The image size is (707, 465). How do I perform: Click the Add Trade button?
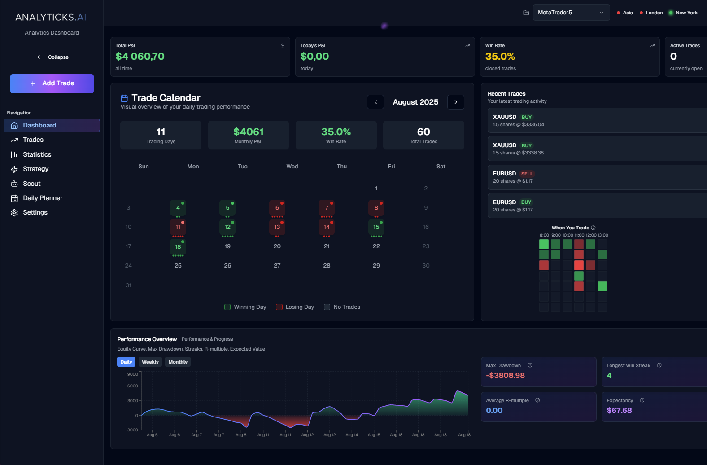pyautogui.click(x=52, y=83)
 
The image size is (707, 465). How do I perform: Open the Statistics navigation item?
pyautogui.click(x=37, y=154)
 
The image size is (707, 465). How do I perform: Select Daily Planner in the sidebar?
pyautogui.click(x=42, y=198)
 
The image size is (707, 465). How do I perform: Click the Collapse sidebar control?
pyautogui.click(x=53, y=57)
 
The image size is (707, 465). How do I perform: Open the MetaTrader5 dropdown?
pyautogui.click(x=571, y=13)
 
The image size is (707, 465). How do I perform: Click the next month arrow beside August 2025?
pyautogui.click(x=456, y=102)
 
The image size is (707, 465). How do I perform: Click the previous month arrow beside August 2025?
pyautogui.click(x=375, y=102)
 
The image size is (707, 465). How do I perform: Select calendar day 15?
pyautogui.click(x=376, y=227)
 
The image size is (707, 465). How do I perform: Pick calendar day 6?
pyautogui.click(x=277, y=208)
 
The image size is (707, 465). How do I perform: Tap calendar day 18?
pyautogui.click(x=178, y=246)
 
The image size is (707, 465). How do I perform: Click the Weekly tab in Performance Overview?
pyautogui.click(x=150, y=362)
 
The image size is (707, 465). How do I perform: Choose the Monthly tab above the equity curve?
pyautogui.click(x=178, y=362)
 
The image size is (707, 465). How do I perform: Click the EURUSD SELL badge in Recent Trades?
pyautogui.click(x=527, y=174)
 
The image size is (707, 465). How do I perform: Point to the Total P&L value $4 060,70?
pyautogui.click(x=140, y=57)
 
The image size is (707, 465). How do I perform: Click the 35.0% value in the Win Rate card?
pyautogui.click(x=500, y=57)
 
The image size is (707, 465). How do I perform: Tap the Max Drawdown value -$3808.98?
pyautogui.click(x=505, y=375)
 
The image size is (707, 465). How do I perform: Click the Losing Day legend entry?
pyautogui.click(x=295, y=307)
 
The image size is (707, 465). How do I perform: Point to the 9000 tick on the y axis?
pyautogui.click(x=133, y=374)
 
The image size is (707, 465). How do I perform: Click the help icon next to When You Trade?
pyautogui.click(x=593, y=228)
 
